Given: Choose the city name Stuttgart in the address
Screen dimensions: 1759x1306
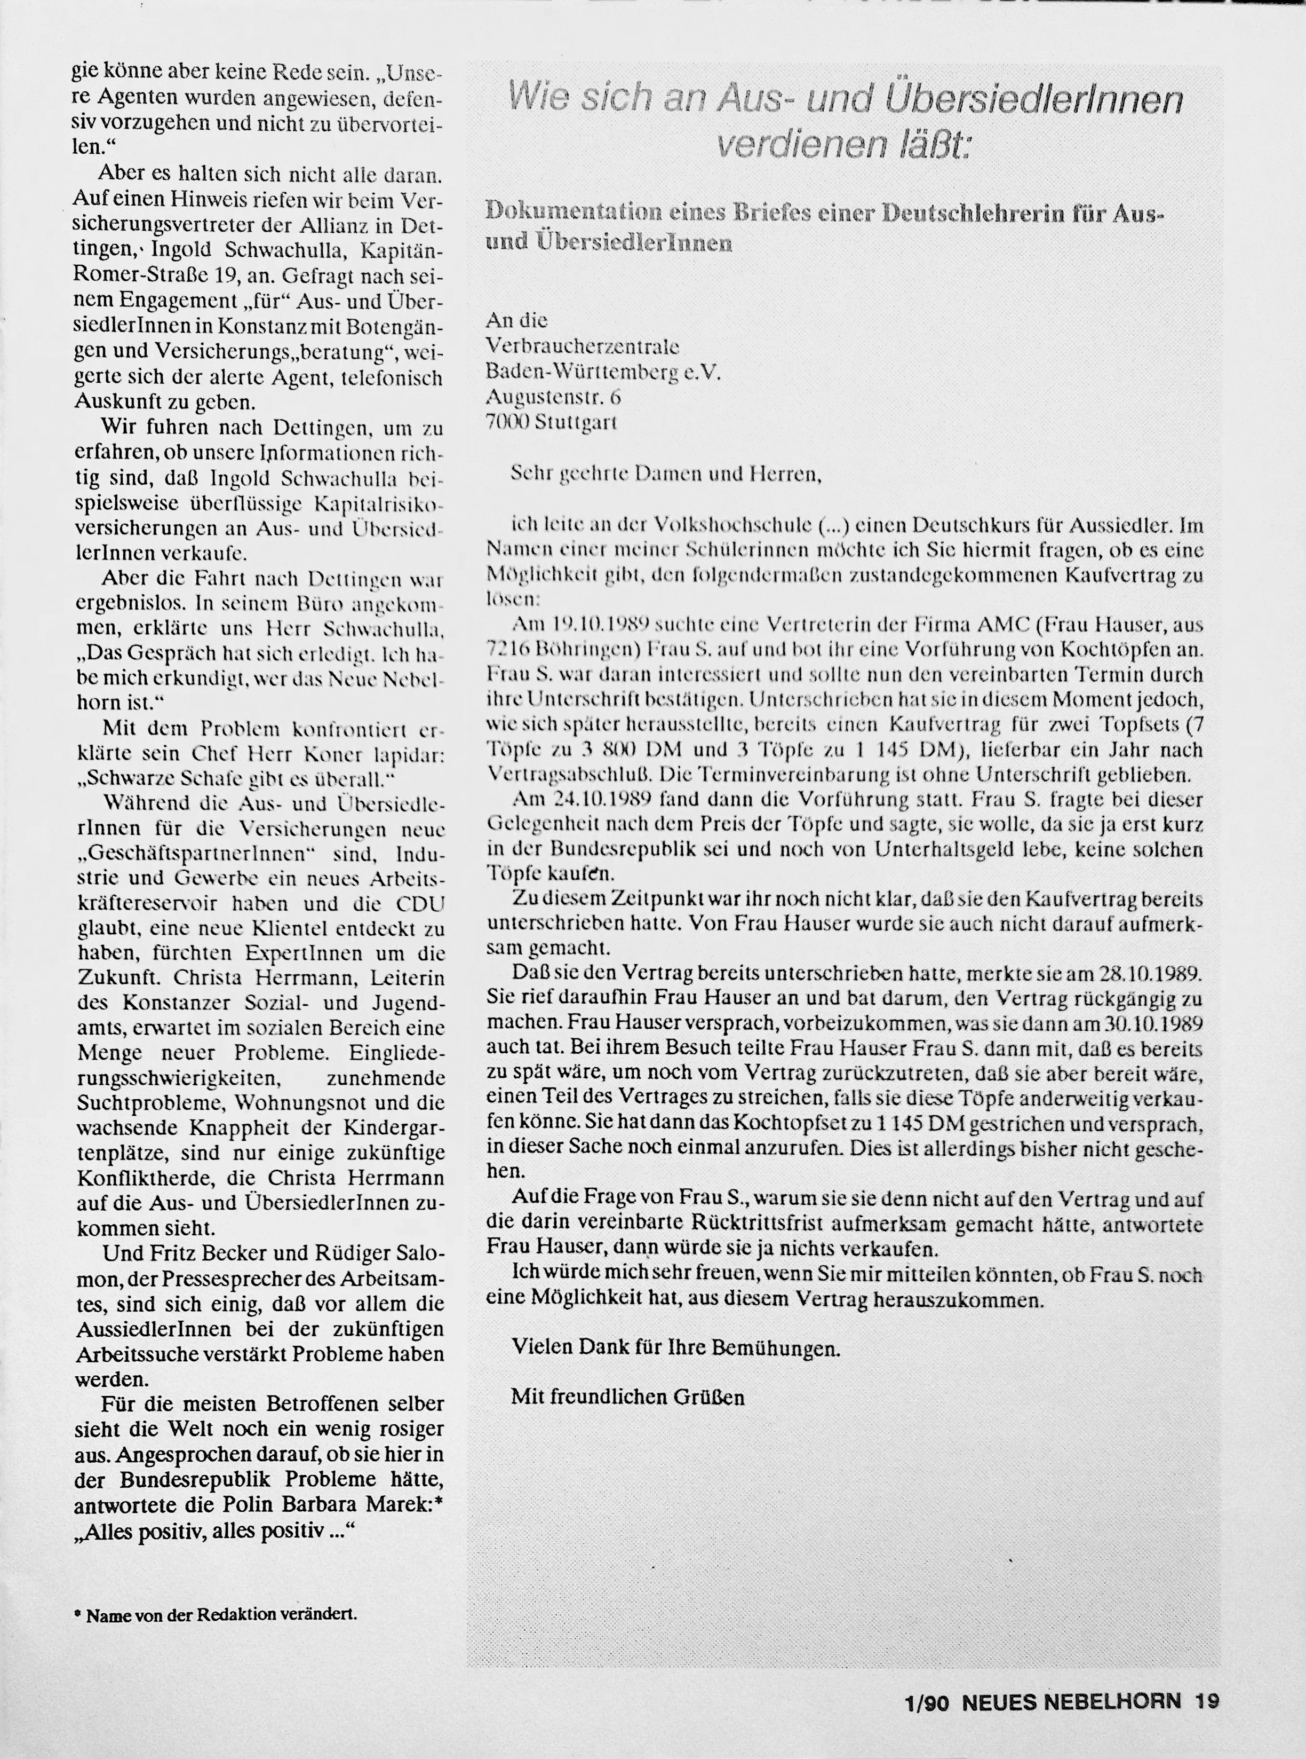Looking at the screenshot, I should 576,422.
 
